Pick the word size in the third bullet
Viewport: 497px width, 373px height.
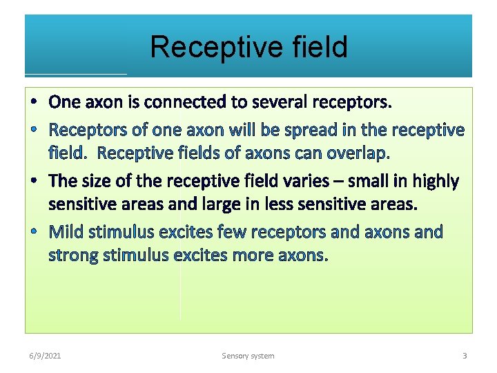coord(98,181)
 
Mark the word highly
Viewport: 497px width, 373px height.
coord(436,181)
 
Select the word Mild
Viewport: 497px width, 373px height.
coord(66,231)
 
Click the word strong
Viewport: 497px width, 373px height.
coord(73,256)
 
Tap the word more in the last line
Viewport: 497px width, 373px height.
coord(251,256)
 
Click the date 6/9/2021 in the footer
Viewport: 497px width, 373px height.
coord(44,356)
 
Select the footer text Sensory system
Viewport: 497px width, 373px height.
coord(248,356)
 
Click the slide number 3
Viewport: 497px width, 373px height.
coord(465,356)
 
